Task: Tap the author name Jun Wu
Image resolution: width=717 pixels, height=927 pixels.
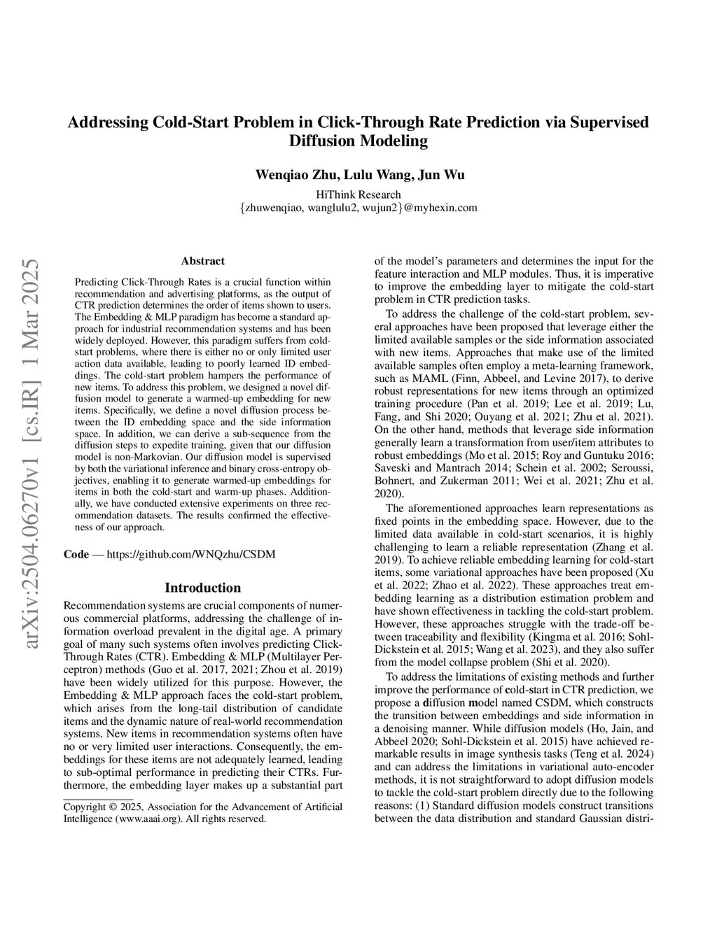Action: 444,174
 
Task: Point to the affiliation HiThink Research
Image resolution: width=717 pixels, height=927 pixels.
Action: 358,194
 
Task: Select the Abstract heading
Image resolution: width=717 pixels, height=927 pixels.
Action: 202,261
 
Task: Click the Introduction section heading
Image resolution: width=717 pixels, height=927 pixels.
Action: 202,588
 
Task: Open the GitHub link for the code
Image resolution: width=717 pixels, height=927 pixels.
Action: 190,554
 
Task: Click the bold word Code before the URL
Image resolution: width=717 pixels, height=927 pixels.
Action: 76,554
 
